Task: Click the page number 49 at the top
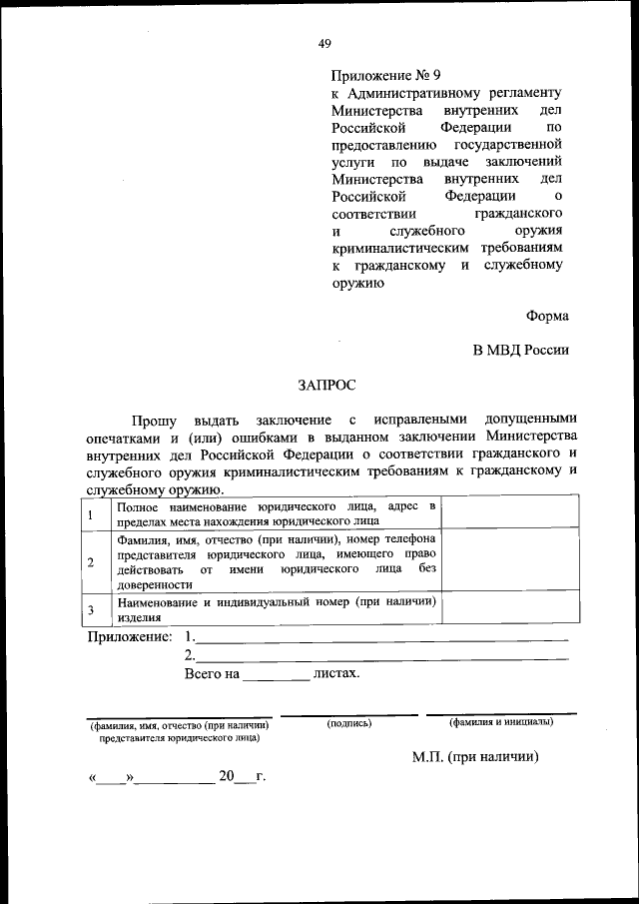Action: coord(324,43)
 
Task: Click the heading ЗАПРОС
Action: coord(325,383)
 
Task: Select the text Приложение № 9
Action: coord(384,75)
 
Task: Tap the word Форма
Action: coord(548,316)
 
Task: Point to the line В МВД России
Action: coord(520,350)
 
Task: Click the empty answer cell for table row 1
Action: coord(509,514)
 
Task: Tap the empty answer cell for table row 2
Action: coord(509,562)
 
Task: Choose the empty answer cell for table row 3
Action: coord(509,609)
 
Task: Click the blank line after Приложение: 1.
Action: coord(383,637)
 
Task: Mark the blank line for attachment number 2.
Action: coord(383,657)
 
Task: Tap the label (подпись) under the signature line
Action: coord(348,722)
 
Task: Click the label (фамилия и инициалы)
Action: coord(501,721)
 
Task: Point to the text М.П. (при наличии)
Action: coord(475,757)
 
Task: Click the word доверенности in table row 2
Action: coord(151,584)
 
